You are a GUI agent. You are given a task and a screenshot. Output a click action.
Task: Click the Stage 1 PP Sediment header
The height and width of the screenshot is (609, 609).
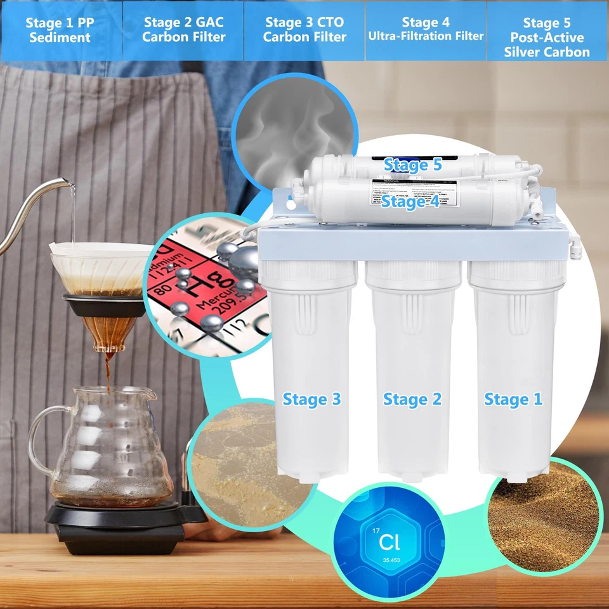click(x=58, y=30)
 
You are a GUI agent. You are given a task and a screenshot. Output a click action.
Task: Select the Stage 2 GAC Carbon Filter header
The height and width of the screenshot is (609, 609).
click(x=183, y=30)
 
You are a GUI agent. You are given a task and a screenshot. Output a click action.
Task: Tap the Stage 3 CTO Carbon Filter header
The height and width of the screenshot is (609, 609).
click(x=304, y=30)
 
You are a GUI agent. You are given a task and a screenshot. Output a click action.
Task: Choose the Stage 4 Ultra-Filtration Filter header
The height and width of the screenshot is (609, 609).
click(x=426, y=30)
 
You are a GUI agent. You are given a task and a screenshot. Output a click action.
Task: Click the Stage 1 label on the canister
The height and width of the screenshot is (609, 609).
click(x=513, y=400)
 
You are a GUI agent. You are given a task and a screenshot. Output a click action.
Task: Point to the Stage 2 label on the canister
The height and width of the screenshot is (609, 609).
click(x=412, y=400)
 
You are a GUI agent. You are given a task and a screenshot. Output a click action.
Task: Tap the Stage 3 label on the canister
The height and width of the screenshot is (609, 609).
click(x=311, y=399)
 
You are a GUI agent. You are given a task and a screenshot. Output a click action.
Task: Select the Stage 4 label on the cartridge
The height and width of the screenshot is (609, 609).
click(x=411, y=202)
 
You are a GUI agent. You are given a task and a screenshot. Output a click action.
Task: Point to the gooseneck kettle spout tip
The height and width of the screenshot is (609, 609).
click(x=72, y=185)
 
